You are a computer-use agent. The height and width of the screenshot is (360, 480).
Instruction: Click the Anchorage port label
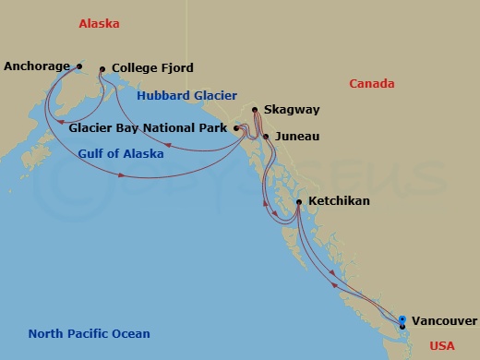[38, 66]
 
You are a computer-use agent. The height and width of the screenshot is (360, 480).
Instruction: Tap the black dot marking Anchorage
[79, 66]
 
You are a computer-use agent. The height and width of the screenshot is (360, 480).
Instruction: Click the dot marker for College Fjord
[102, 68]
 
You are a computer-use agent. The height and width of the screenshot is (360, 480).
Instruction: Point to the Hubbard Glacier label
[186, 95]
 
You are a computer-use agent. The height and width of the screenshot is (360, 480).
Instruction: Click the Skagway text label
[292, 110]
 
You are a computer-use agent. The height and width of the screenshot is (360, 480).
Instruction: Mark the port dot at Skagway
[255, 111]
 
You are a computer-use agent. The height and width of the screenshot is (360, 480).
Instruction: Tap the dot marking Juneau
[266, 137]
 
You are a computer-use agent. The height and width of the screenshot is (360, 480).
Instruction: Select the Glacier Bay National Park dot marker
[236, 128]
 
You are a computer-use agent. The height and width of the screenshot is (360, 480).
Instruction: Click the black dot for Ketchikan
[299, 201]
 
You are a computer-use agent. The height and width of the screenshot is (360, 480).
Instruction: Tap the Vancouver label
[444, 321]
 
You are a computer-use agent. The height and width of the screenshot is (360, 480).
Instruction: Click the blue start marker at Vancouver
[402, 319]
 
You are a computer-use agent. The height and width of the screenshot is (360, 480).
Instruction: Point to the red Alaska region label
[100, 24]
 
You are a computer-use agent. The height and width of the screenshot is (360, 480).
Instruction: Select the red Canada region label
[372, 84]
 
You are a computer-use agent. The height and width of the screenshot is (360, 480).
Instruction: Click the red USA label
[443, 346]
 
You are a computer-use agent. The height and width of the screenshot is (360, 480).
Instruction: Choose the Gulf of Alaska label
[120, 154]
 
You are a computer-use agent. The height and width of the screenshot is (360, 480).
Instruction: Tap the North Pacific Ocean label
[89, 334]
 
